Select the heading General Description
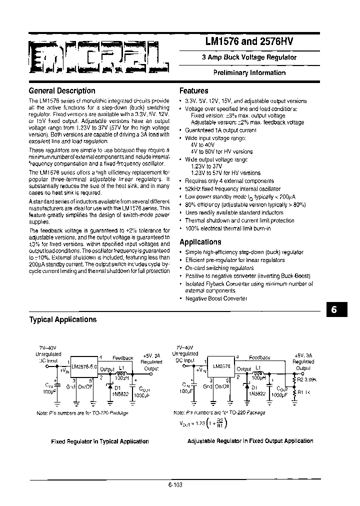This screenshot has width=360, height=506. click(62, 91)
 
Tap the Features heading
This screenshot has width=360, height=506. click(194, 91)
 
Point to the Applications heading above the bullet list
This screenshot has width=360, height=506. click(200, 242)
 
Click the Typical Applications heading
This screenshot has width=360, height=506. click(63, 319)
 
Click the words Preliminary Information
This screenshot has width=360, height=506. click(249, 73)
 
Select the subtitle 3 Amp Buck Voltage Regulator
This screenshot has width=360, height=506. click(249, 57)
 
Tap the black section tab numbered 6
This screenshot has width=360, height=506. click(334, 310)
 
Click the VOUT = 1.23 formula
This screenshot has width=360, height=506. click(200, 423)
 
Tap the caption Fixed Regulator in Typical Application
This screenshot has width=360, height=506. click(100, 441)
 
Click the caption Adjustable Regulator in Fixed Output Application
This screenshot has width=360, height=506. click(250, 441)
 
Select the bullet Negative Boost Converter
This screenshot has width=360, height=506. click(216, 298)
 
